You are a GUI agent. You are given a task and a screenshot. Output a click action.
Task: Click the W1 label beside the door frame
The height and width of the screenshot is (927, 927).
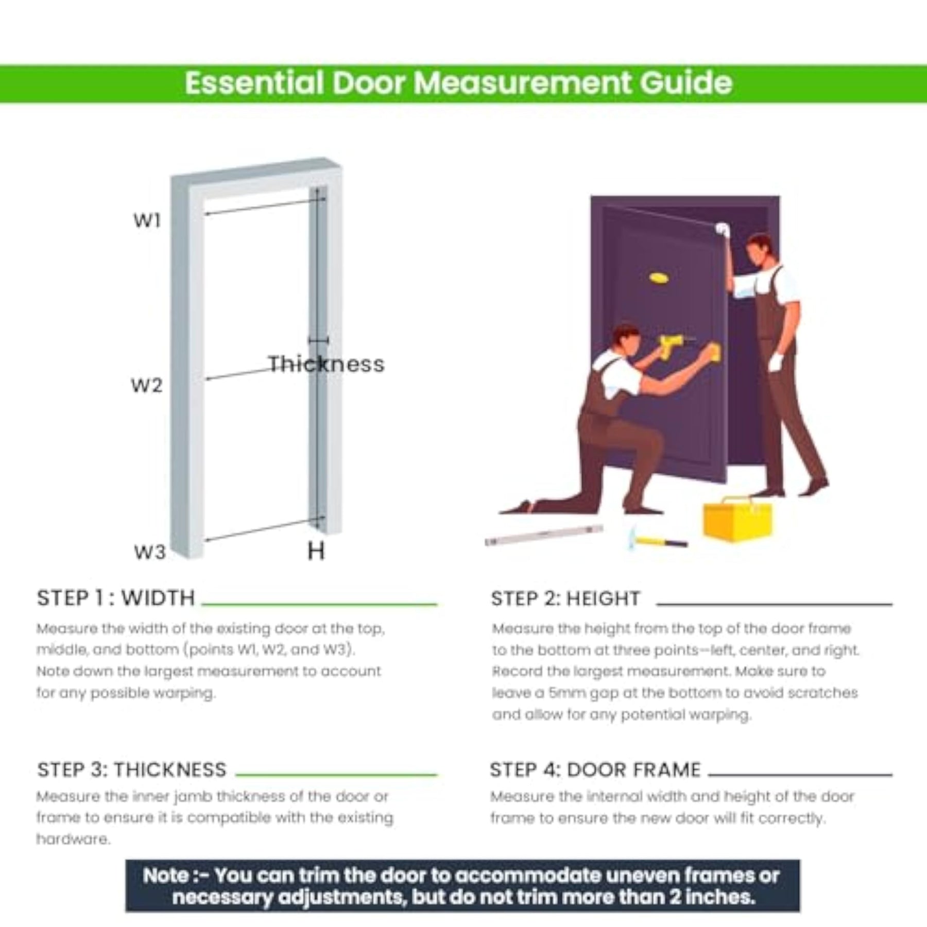click(x=147, y=220)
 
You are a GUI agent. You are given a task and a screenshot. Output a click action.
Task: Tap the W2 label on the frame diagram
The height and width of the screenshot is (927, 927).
click(x=147, y=385)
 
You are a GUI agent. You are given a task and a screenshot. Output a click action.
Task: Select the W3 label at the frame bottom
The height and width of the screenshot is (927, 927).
click(x=150, y=552)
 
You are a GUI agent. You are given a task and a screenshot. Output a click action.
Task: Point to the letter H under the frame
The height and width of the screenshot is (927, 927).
click(x=316, y=551)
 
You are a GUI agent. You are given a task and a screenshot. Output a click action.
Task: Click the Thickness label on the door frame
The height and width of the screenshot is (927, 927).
click(x=327, y=364)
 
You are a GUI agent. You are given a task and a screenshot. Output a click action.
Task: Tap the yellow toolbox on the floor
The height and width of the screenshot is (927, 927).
click(x=737, y=519)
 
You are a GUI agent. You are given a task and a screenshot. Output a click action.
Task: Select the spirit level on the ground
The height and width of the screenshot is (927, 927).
click(x=544, y=535)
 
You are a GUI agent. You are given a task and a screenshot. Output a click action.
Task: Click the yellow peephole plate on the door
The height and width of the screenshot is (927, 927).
click(x=659, y=278)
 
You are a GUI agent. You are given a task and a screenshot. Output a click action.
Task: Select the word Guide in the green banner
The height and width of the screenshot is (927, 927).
click(x=686, y=83)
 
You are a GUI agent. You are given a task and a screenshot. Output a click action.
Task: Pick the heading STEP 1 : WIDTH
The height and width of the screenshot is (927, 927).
click(x=116, y=598)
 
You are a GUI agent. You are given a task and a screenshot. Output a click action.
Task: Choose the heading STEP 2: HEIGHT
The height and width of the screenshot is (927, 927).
click(x=565, y=598)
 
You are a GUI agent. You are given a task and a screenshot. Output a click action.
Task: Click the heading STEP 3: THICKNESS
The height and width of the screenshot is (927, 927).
click(x=132, y=770)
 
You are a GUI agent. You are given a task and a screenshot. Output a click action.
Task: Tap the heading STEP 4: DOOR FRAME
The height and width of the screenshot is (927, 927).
click(x=595, y=770)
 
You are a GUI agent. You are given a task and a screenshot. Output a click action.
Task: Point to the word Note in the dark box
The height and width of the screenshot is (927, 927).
click(x=166, y=875)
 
